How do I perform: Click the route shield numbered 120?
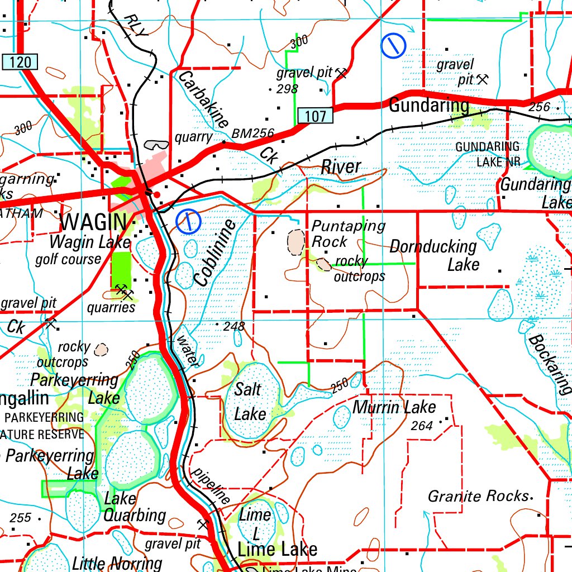20,61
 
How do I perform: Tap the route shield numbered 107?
315,116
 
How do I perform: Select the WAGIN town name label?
93,222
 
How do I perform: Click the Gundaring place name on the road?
428,105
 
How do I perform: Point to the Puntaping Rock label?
347,233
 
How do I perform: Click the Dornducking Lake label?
434,255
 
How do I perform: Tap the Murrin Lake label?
394,407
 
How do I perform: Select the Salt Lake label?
249,401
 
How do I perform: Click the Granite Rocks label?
478,496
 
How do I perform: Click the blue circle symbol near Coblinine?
188,222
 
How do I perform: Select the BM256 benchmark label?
252,134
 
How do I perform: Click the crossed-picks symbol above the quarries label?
123,290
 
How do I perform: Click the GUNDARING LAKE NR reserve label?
487,154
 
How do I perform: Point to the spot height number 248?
233,326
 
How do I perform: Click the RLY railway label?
135,26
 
